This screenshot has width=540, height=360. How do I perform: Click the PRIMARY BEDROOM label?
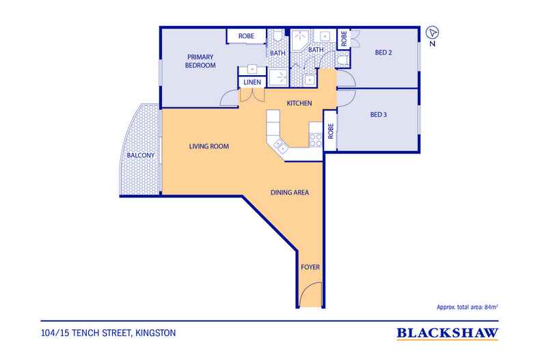(200, 61)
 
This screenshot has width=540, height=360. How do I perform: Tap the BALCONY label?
(141, 155)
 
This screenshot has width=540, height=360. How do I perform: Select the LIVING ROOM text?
(208, 146)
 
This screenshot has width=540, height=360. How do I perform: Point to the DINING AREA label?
(290, 193)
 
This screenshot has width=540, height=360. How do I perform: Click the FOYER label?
(310, 267)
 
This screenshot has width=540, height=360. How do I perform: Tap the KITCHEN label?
(299, 103)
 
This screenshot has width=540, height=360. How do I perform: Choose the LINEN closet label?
(252, 82)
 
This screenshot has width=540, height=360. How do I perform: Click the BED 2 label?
(383, 53)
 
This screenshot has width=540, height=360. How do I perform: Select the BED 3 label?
(379, 115)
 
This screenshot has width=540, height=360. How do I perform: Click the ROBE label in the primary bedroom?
(246, 36)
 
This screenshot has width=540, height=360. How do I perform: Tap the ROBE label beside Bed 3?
(331, 131)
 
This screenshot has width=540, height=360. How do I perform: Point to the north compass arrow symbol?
(432, 33)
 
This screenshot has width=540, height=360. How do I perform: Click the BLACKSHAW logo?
(447, 333)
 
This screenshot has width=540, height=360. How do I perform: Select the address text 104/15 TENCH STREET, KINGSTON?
(108, 333)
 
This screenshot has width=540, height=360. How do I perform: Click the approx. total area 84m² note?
(468, 307)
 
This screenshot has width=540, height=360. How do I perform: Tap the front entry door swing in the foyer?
(310, 294)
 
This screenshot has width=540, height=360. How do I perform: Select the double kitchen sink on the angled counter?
(280, 146)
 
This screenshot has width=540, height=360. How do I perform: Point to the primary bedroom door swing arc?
(229, 98)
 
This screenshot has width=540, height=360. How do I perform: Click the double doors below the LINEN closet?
(252, 96)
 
